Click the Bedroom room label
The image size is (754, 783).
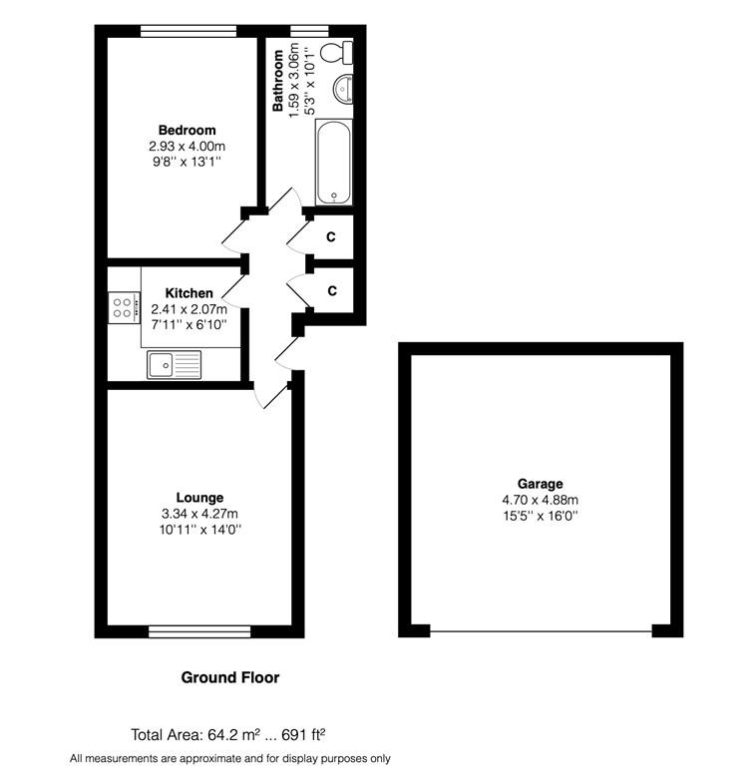[x=188, y=131]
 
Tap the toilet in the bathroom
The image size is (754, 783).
[x=336, y=53]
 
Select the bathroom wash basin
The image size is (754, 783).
[x=343, y=89]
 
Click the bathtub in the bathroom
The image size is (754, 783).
[x=334, y=162]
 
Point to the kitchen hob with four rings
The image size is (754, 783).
[x=124, y=307]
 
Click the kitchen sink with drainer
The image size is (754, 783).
[x=175, y=364]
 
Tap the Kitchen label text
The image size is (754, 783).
[x=189, y=293]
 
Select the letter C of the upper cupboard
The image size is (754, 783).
[x=331, y=236]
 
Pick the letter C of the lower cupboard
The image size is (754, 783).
[x=332, y=290]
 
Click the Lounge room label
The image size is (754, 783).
[x=199, y=498]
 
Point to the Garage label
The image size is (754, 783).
[x=541, y=484]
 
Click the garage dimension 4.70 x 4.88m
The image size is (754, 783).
[x=541, y=500]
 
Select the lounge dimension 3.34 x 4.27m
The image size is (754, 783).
[x=199, y=514]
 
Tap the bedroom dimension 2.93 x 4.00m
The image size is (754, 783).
[x=188, y=147]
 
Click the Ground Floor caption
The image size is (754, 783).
[x=230, y=677]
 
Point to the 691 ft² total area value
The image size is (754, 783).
[x=303, y=734]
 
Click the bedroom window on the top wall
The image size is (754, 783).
[x=188, y=32]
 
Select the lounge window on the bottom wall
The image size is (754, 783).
[x=199, y=631]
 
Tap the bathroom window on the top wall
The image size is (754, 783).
[x=309, y=32]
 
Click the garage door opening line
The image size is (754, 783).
[x=542, y=632]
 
